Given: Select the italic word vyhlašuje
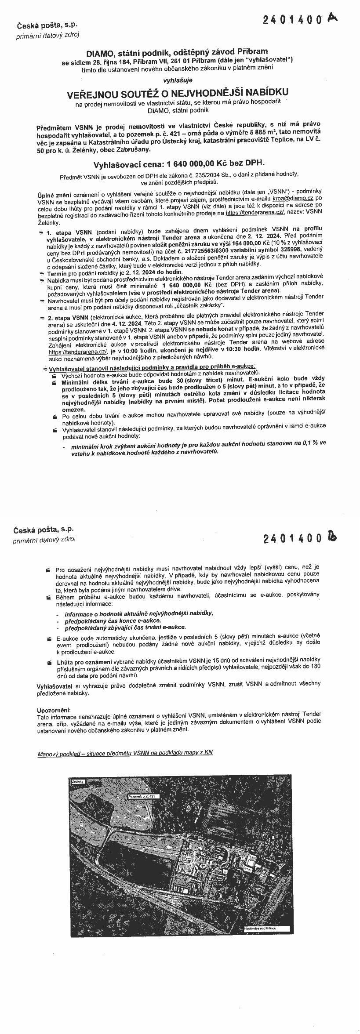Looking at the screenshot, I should (178, 80).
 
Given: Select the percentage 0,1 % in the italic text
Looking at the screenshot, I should (311, 443).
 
